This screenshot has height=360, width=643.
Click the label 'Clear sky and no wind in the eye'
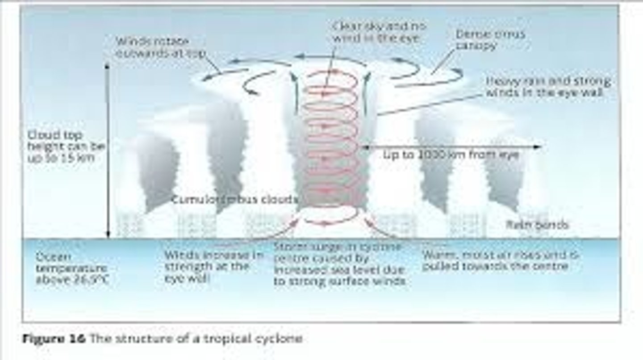point(379,32)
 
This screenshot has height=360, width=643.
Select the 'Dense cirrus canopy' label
point(490,40)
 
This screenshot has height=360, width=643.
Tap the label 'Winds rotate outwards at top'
point(160,47)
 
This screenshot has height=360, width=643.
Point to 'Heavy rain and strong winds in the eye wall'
point(548,87)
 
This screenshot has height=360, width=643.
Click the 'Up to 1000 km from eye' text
point(451,155)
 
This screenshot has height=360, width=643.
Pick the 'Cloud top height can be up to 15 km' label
point(61,146)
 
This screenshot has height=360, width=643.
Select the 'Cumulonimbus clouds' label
point(234,199)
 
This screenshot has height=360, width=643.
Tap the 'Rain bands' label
point(537,225)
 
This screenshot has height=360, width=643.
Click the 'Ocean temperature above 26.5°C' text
point(71,268)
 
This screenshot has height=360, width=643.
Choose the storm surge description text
point(339,264)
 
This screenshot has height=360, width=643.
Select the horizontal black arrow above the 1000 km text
point(451,146)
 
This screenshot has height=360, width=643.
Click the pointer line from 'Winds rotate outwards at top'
point(213,65)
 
